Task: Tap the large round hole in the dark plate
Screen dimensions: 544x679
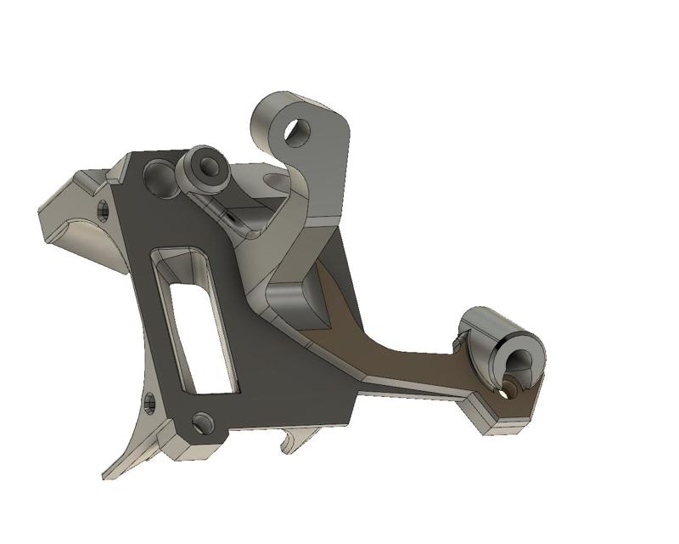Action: click(158, 176)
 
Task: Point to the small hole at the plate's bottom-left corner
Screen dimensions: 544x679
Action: click(201, 420)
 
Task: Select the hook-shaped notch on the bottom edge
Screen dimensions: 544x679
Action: click(289, 440)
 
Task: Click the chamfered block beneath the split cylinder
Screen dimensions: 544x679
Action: click(501, 416)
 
